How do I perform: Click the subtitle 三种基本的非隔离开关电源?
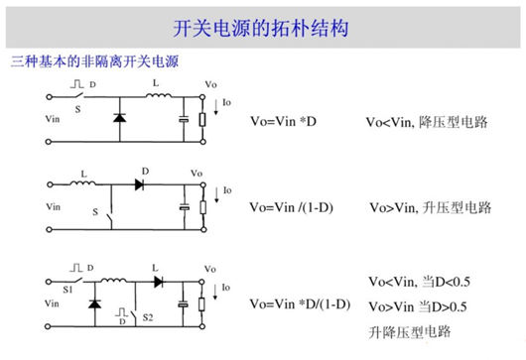pos(93,62)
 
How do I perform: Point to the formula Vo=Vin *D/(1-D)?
pos(301,302)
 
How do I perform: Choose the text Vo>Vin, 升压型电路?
pos(429,208)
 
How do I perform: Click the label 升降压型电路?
pos(408,329)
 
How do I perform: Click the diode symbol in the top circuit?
pos(119,117)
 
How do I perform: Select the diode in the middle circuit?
pos(140,184)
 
